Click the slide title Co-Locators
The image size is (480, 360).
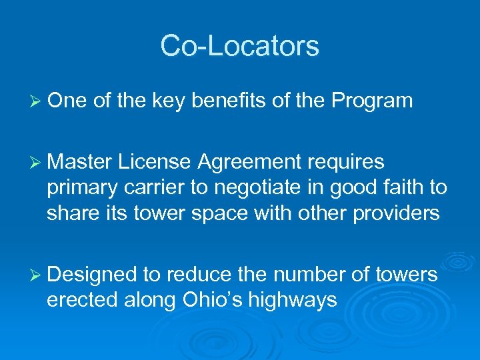[x=239, y=46]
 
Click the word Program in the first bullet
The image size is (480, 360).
[x=372, y=101]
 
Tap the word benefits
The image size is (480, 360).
[x=222, y=101]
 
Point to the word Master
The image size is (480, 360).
[x=81, y=162]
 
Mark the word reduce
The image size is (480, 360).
[x=198, y=274]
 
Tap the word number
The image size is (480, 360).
[x=307, y=274]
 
